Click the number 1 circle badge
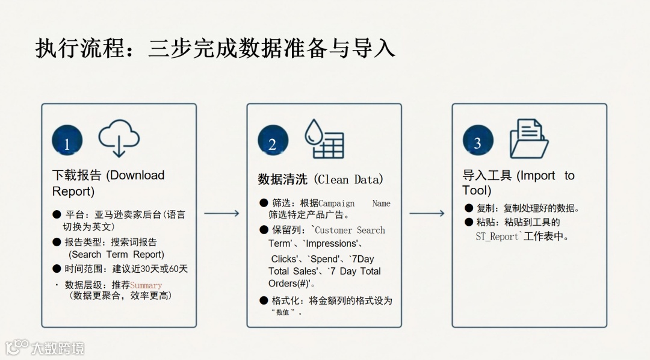click(x=67, y=140)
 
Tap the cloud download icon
click(x=119, y=138)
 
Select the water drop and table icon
click(x=324, y=139)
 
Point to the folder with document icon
click(x=528, y=138)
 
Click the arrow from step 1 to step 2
click(x=221, y=213)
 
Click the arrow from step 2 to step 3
click(x=427, y=213)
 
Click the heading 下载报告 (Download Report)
click(x=108, y=183)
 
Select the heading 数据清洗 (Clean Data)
click(x=320, y=179)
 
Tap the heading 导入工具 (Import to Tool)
click(x=518, y=182)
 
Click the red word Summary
click(x=146, y=285)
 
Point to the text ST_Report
click(x=497, y=237)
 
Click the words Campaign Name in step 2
click(x=354, y=203)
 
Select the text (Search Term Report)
click(x=116, y=255)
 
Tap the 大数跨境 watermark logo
click(x=45, y=347)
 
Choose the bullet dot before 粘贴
click(x=469, y=222)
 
